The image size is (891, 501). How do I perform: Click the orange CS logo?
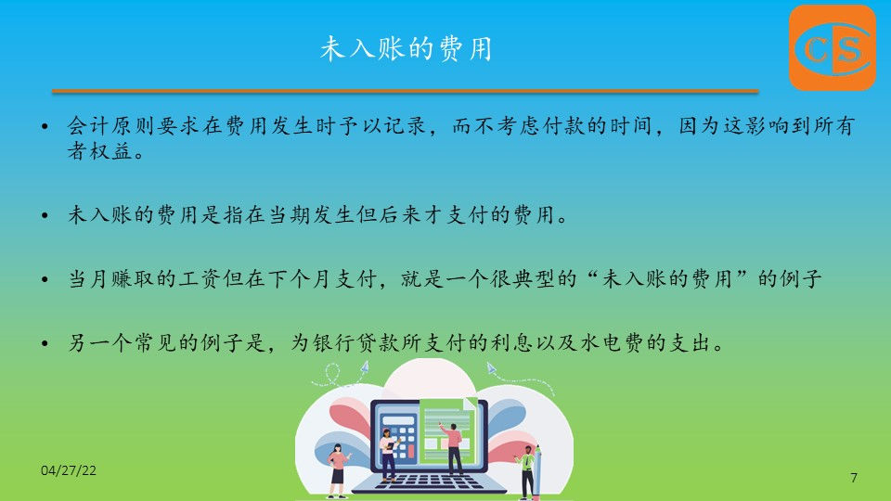[832, 47]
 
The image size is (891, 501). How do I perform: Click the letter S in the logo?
[848, 49]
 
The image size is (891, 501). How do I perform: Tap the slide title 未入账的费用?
[406, 48]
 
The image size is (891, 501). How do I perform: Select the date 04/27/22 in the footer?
[69, 470]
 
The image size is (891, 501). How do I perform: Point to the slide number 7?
[854, 478]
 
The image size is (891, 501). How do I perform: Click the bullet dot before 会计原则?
[45, 126]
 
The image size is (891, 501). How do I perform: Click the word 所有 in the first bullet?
[834, 126]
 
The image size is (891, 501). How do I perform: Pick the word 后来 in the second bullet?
[401, 214]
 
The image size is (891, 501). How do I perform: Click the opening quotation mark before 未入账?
[591, 274]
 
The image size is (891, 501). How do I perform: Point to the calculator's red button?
[411, 452]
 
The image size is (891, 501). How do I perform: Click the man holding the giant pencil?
[527, 472]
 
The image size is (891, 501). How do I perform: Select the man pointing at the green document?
[453, 448]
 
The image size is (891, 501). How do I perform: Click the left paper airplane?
[364, 367]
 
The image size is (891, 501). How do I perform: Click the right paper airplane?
[491, 368]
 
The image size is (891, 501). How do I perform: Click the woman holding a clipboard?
[389, 455]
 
